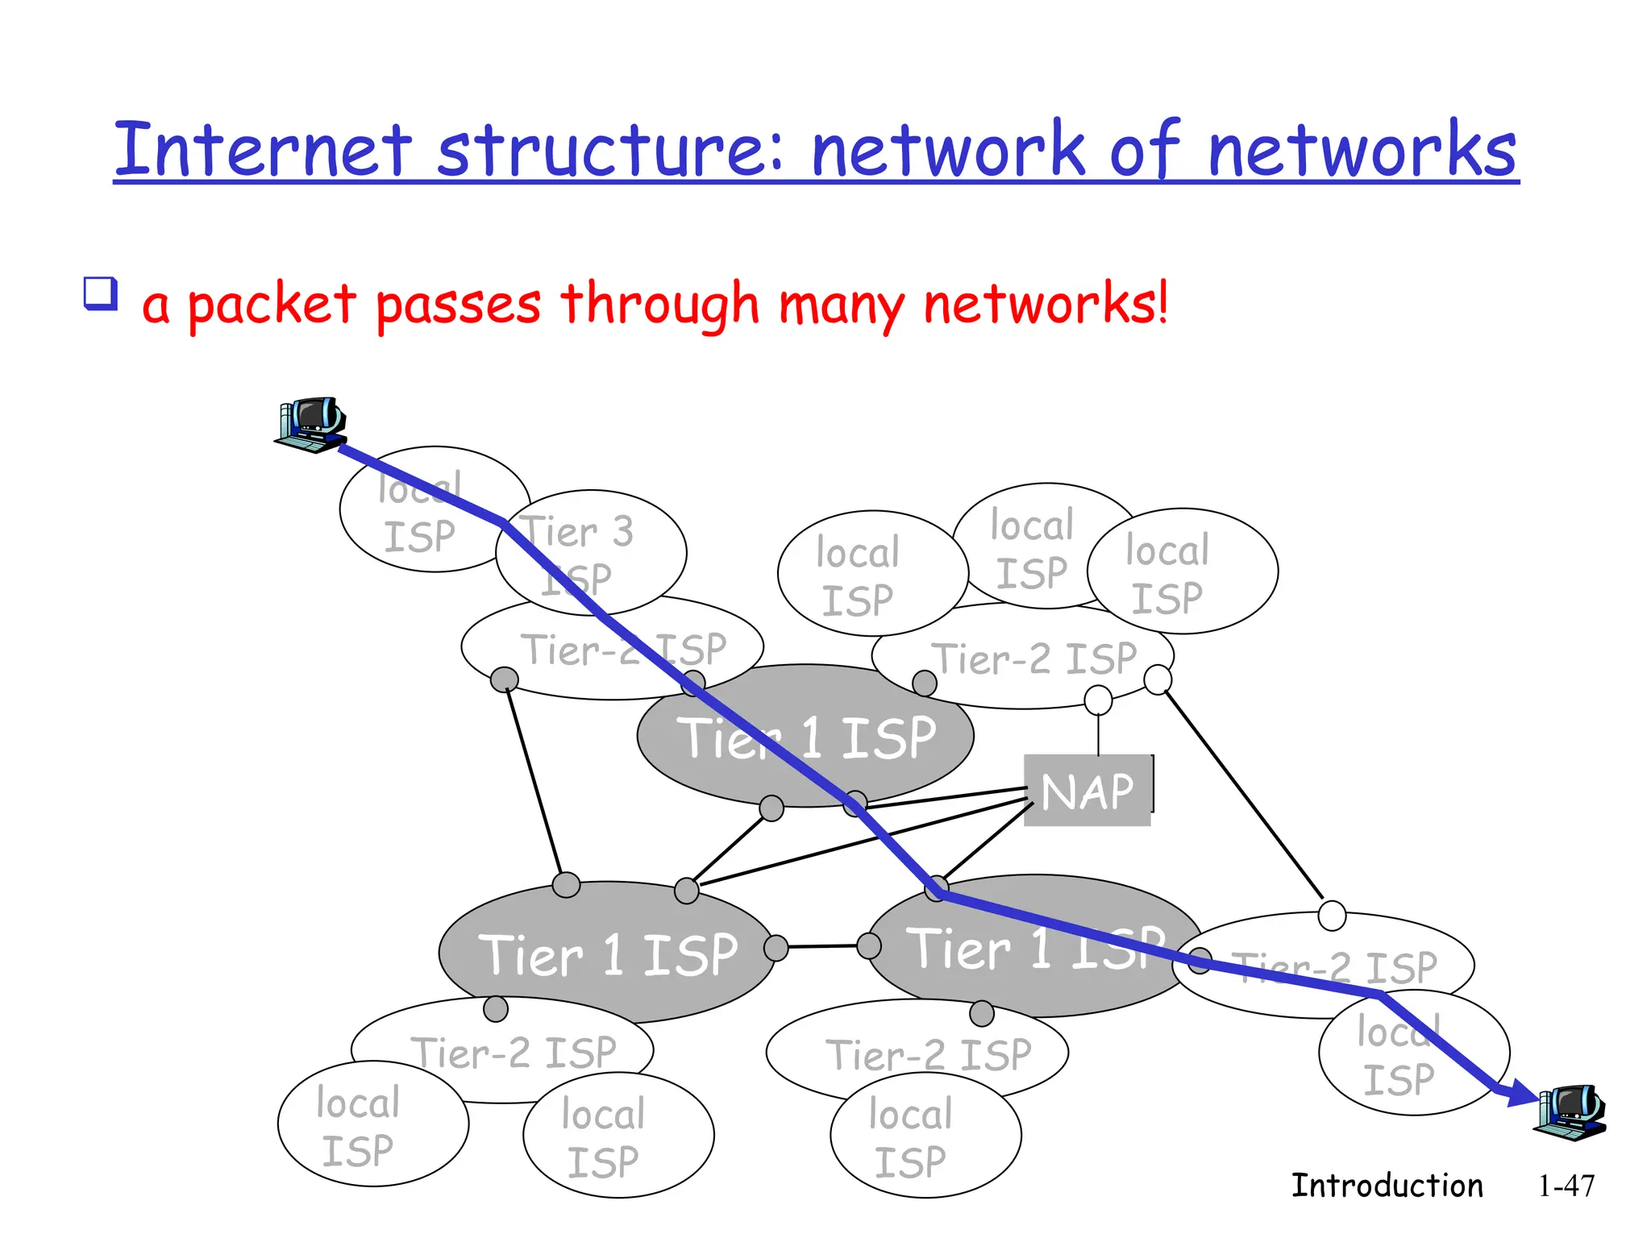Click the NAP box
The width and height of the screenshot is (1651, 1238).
[1087, 791]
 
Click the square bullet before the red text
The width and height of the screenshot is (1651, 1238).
[101, 294]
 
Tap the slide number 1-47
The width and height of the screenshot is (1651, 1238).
[1566, 1186]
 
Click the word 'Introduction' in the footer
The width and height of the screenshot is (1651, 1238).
[1387, 1186]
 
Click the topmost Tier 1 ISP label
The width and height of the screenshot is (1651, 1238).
[806, 737]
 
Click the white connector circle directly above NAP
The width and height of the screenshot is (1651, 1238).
[1098, 700]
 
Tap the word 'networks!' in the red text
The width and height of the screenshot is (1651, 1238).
[1046, 305]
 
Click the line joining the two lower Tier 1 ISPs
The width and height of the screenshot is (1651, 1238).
[822, 946]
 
